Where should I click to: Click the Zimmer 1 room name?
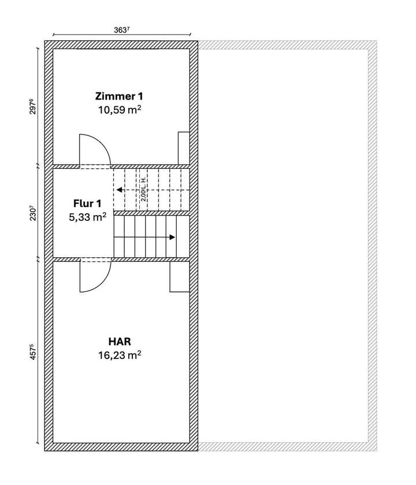(120, 95)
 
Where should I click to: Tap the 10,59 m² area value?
(120, 108)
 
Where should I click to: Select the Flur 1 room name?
(87, 203)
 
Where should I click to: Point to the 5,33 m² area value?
(87, 217)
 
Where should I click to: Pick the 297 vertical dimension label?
(34, 108)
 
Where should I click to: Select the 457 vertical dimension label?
(34, 353)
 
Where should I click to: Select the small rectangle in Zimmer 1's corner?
(184, 148)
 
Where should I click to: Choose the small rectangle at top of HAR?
(180, 277)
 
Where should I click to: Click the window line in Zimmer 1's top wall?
(121, 50)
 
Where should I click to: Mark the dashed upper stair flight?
(151, 190)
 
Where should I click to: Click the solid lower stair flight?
(151, 236)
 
